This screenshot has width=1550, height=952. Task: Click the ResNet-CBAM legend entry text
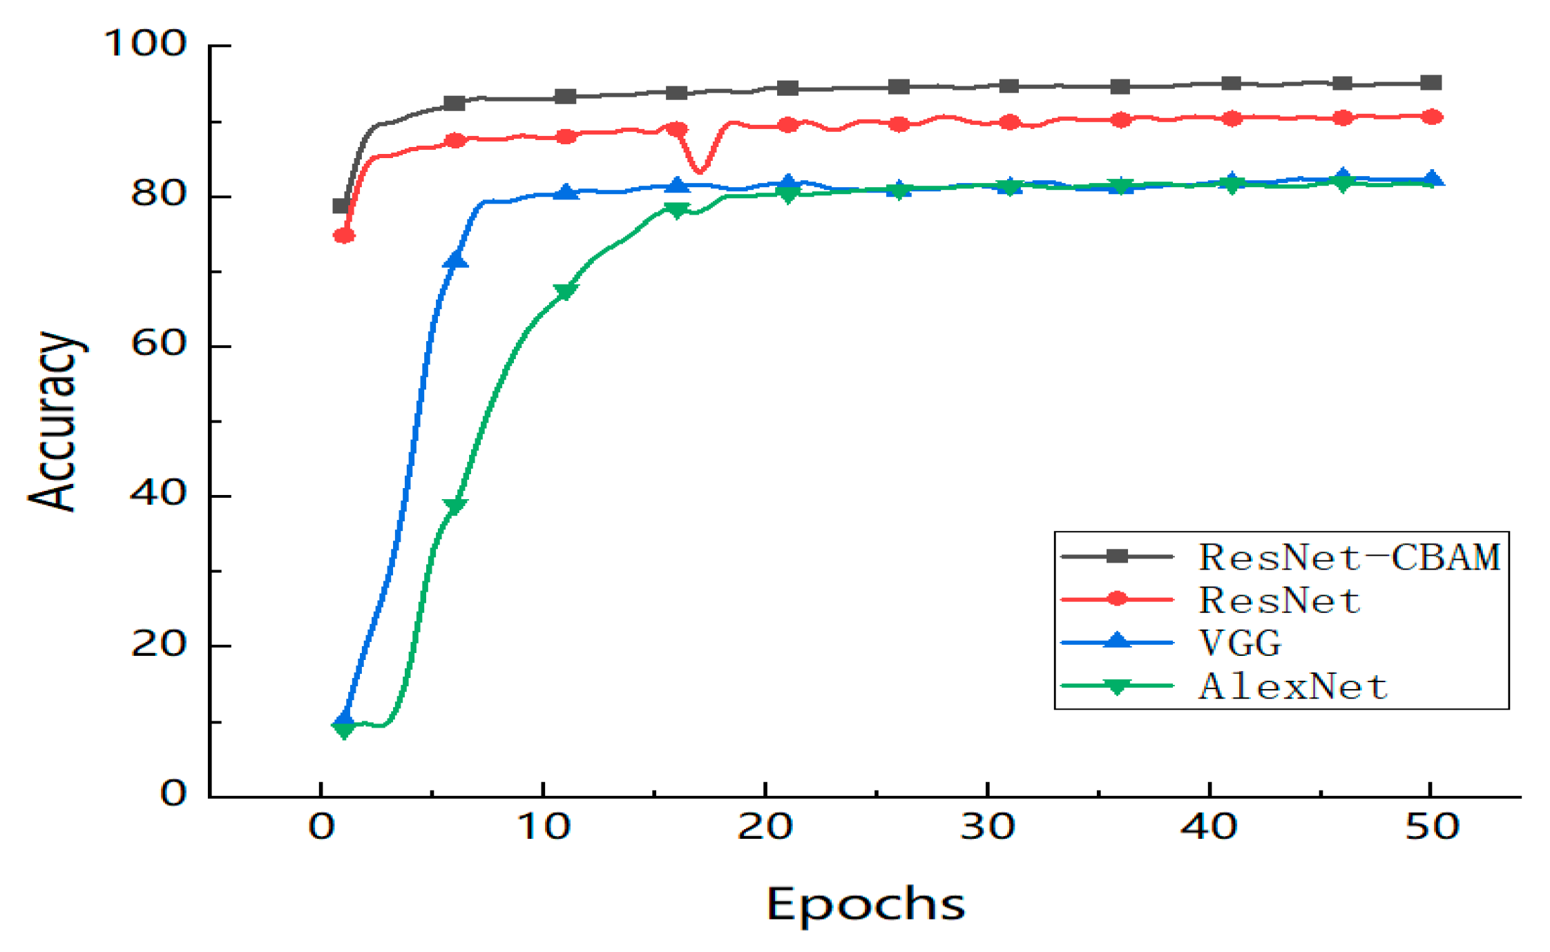point(1348,557)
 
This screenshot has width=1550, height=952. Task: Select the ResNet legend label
point(1279,600)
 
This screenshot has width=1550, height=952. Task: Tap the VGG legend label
point(1240,643)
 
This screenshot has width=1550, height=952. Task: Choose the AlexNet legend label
point(1292,686)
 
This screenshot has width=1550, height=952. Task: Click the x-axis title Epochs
point(865,904)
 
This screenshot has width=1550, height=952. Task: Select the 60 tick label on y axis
point(158,343)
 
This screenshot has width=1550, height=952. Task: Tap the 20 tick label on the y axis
point(158,644)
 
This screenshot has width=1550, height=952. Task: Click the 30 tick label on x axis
point(987,826)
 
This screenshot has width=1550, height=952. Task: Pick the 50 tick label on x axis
point(1432,826)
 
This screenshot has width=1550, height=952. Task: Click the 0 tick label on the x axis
point(321,826)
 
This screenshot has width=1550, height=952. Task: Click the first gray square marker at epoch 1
point(341,206)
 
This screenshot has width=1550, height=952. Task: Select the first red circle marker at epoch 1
point(344,236)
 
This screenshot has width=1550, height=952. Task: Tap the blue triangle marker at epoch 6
point(455,260)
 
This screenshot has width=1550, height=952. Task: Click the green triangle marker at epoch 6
point(455,506)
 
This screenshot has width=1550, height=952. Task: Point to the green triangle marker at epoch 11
point(566,291)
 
